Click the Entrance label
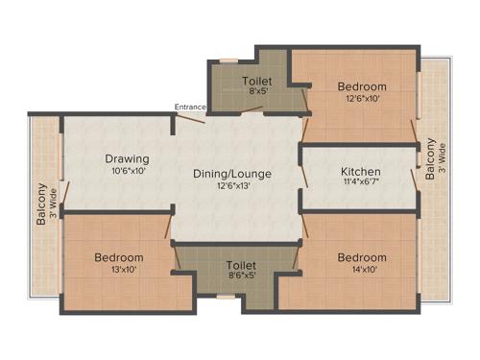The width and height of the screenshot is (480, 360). (x=189, y=106)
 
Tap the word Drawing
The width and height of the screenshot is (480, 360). (x=127, y=158)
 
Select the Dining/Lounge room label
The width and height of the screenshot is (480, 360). (x=232, y=174)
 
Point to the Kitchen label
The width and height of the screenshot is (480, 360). (x=361, y=172)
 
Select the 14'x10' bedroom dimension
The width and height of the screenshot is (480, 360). (x=362, y=270)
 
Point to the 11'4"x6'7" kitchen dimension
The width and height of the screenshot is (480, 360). (x=361, y=184)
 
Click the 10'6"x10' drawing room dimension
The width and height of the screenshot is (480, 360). (x=127, y=171)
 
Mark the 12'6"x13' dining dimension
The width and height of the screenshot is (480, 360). (x=232, y=186)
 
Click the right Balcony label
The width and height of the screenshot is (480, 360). (x=430, y=159)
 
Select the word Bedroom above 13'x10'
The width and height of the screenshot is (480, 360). (x=119, y=257)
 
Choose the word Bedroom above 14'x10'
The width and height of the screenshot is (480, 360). (x=362, y=257)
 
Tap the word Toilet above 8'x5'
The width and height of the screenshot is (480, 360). (x=256, y=82)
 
